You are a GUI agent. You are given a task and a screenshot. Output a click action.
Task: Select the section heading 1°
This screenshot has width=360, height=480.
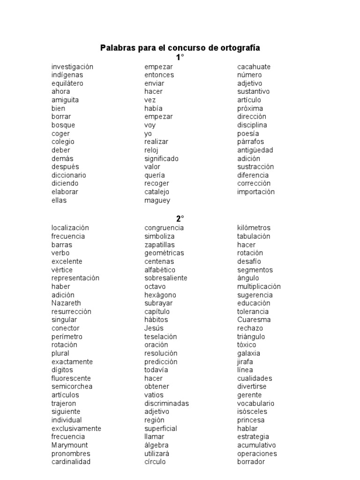point(180,58)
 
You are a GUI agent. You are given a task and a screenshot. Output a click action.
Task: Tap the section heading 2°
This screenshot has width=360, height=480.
point(180,218)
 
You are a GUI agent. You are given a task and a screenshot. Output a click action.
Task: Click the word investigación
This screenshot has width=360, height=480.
point(72,67)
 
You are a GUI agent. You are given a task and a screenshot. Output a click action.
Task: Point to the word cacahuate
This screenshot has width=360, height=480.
point(254,67)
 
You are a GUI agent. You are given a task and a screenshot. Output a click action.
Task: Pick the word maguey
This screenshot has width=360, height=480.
point(157,201)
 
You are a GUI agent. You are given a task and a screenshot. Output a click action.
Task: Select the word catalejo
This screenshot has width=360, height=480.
point(157,192)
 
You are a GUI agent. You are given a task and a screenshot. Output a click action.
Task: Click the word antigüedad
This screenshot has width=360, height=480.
point(255,150)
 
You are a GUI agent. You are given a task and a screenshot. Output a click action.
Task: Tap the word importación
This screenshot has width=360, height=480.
point(256,192)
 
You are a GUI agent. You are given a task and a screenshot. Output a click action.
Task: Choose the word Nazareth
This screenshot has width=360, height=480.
point(66,303)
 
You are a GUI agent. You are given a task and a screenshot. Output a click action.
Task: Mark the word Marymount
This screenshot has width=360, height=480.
point(69,445)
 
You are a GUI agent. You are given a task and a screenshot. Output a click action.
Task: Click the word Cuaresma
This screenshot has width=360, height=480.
point(254,320)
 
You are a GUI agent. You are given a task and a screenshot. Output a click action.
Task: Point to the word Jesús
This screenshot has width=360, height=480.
point(154,328)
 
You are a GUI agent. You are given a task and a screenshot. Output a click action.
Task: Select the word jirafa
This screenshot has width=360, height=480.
point(245,362)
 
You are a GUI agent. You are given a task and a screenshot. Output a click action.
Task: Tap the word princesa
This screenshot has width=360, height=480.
point(251,420)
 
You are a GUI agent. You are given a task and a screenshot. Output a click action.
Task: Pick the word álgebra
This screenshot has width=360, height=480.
point(157,445)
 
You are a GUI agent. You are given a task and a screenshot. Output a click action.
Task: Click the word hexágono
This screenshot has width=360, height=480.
point(160,295)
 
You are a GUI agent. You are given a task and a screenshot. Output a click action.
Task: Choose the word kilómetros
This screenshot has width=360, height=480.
point(254,228)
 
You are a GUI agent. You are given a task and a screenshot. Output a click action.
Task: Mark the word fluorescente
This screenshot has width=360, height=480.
point(71,378)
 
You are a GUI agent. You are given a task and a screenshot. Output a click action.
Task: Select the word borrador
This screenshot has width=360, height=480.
point(251,462)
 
